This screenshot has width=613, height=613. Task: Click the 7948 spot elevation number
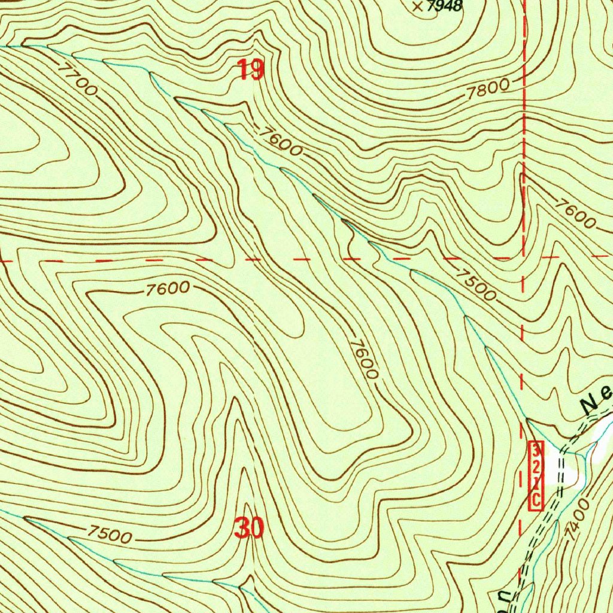(x=447, y=7)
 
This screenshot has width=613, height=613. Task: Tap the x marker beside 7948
(x=418, y=7)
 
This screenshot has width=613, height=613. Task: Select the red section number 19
(x=251, y=71)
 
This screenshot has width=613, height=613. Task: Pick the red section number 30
(x=249, y=529)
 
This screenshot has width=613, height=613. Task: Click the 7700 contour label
(x=78, y=78)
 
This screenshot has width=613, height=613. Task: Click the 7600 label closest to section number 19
(x=281, y=141)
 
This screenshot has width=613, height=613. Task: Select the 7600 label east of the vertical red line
(x=575, y=213)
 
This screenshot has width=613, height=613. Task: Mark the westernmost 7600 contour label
(x=168, y=289)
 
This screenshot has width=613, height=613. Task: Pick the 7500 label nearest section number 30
(x=109, y=533)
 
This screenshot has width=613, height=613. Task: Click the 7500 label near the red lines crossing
(x=476, y=285)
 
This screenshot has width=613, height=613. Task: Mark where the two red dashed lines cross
(x=523, y=258)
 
